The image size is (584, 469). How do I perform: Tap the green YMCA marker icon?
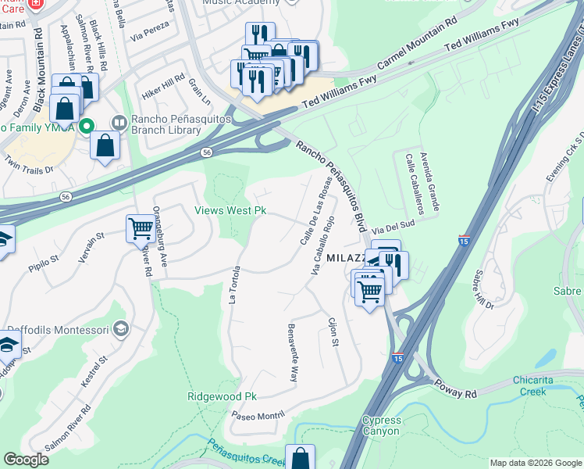pos(87,125)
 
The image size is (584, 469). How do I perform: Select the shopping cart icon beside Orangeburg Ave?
pos(141,228)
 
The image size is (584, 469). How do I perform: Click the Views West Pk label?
pos(231,211)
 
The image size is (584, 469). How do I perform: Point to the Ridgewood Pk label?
pos(223,396)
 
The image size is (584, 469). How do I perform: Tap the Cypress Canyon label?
pos(381,425)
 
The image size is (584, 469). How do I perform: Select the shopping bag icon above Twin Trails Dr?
pos(105,145)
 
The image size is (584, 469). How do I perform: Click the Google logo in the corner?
pos(26,460)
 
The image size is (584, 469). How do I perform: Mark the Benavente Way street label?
pos(292,351)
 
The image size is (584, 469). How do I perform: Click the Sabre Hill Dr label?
pos(484,289)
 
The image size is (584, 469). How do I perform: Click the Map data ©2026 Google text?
pos(535,463)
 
